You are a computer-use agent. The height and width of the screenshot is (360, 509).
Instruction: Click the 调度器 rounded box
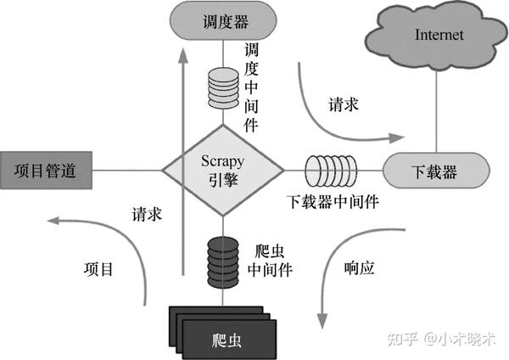tap(223, 21)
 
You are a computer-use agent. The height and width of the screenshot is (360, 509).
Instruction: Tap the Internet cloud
tap(437, 36)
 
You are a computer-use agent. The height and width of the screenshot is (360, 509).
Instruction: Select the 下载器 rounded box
tap(436, 171)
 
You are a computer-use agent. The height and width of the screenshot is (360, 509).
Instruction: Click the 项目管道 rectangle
tap(46, 171)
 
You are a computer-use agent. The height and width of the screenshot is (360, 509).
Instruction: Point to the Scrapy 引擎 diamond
tap(223, 171)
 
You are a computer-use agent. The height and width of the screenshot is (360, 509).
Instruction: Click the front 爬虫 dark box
tap(229, 340)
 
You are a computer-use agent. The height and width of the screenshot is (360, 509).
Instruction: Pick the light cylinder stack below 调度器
tap(223, 88)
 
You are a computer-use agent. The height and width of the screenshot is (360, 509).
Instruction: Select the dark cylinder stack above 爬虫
tap(223, 262)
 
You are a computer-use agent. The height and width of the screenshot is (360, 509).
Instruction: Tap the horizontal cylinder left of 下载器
tap(331, 171)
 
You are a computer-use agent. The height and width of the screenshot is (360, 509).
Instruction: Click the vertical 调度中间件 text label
tap(251, 87)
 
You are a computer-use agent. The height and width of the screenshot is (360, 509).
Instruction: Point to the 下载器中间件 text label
tap(333, 202)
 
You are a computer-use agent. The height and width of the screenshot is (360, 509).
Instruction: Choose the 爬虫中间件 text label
tap(270, 261)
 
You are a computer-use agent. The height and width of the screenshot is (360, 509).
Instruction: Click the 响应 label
tap(359, 268)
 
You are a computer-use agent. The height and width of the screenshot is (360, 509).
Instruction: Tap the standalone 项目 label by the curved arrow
tap(98, 269)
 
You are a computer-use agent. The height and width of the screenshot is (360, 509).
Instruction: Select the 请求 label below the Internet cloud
tap(344, 104)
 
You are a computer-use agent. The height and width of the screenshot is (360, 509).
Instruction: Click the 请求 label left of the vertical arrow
tap(147, 215)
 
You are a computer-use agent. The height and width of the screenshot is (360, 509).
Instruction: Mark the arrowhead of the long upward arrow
tap(183, 55)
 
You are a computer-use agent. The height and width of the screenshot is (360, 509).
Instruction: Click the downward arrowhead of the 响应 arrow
tap(322, 321)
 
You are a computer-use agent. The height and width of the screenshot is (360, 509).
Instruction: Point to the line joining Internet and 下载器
tap(436, 111)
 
